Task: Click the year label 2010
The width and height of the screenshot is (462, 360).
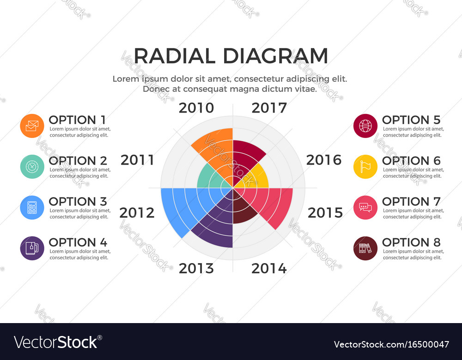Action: (x=196, y=108)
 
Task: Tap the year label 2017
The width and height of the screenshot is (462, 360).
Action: (x=269, y=108)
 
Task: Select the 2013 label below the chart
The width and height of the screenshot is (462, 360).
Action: (x=196, y=268)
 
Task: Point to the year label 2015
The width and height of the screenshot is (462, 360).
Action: (x=325, y=213)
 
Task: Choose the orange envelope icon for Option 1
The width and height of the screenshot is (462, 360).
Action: (x=32, y=126)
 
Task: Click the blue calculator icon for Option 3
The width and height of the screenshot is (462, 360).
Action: (x=32, y=207)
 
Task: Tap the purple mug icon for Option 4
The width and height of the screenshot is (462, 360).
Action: (x=32, y=248)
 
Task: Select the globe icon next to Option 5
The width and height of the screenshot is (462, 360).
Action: (x=365, y=126)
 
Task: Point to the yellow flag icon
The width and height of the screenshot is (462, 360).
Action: (x=365, y=167)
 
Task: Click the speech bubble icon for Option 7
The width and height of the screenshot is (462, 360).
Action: (x=365, y=207)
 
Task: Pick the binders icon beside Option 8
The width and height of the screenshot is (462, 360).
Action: (x=365, y=248)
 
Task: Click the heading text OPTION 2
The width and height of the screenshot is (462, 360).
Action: (x=78, y=161)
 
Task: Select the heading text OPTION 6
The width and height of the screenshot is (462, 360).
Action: (x=411, y=161)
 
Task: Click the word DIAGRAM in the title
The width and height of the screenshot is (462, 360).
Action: (x=275, y=56)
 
